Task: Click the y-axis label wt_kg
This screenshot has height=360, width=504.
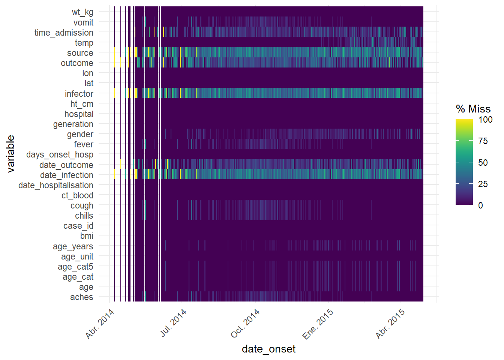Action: pyautogui.click(x=82, y=12)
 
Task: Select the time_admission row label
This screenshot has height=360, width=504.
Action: pyautogui.click(x=64, y=33)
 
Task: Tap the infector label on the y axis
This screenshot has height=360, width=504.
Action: pyautogui.click(x=79, y=94)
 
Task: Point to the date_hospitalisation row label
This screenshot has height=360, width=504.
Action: pyautogui.click(x=56, y=185)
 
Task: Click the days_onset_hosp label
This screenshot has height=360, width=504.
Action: pyautogui.click(x=60, y=154)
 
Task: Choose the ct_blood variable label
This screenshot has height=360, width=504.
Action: pyautogui.click(x=77, y=195)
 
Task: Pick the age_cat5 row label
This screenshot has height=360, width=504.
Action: pyautogui.click(x=75, y=267)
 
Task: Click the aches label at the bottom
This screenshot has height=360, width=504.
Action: pyautogui.click(x=81, y=297)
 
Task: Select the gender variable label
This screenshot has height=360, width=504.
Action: pyautogui.click(x=80, y=134)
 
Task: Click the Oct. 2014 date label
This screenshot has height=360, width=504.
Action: pyautogui.click(x=245, y=323)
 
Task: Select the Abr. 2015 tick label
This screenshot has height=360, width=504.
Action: pyautogui.click(x=390, y=323)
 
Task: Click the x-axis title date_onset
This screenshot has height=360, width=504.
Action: pyautogui.click(x=268, y=349)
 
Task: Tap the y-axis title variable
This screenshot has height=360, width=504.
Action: pyautogui.click(x=10, y=154)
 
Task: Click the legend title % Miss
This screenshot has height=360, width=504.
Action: pyautogui.click(x=473, y=109)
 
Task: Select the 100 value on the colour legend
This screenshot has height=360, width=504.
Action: pyautogui.click(x=485, y=120)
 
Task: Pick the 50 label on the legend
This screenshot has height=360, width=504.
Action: pyautogui.click(x=483, y=163)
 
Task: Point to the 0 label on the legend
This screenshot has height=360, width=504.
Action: pyautogui.click(x=480, y=205)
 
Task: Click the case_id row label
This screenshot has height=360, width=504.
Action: pyautogui.click(x=78, y=226)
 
